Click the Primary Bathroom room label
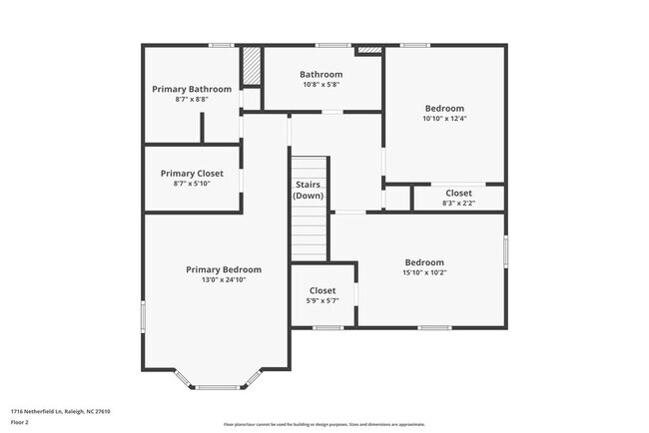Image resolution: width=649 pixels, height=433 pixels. [192, 89]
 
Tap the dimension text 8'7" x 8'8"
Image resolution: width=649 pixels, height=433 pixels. [192, 100]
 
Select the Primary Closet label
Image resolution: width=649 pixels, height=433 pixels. [192, 173]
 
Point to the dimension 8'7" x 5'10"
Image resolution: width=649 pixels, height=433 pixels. [192, 184]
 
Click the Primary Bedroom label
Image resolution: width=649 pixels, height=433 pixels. [224, 269]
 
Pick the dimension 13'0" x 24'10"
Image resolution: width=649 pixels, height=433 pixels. [224, 280]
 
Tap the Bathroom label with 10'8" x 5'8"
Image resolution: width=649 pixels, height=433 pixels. [321, 74]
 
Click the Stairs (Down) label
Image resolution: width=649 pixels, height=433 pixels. [309, 190]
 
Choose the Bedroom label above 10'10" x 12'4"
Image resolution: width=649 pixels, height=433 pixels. [444, 108]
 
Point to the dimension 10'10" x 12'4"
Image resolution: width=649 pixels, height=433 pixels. [444, 119]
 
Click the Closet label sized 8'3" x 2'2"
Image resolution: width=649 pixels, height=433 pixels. [458, 193]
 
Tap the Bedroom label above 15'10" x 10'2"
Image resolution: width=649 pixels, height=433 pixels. [423, 262]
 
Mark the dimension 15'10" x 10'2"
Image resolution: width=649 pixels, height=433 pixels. [423, 273]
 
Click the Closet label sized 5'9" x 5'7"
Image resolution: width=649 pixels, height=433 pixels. [322, 290]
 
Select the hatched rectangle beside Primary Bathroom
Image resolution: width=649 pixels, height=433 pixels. [252, 68]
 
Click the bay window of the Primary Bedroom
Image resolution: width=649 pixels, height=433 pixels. [218, 383]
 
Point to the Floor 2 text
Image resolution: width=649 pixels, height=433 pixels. [21, 422]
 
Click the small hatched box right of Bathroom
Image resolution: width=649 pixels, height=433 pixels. [368, 49]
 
